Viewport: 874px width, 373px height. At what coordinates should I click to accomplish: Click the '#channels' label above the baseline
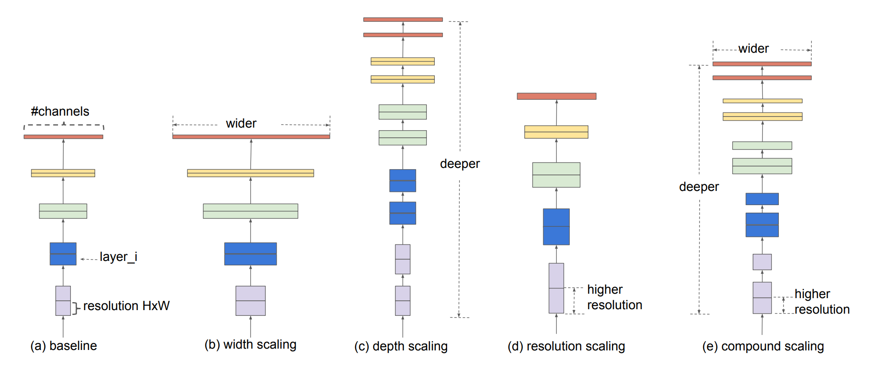coord(60,111)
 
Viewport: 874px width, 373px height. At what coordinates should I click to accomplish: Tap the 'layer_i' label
coord(118,257)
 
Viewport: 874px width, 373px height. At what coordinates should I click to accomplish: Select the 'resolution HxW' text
coord(126,306)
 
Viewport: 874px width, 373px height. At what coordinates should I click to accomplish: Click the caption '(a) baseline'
coord(63,346)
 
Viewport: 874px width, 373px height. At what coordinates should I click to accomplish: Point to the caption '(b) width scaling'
coord(250,344)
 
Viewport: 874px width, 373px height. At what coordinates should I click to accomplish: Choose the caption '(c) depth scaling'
coord(401,346)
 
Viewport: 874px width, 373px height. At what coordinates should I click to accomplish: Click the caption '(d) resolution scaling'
coord(566,346)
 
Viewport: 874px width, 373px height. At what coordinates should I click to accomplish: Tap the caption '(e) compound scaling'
coord(763,346)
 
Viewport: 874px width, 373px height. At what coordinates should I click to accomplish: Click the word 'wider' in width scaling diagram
coord(241,123)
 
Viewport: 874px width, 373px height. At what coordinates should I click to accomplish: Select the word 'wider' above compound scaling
coord(753,48)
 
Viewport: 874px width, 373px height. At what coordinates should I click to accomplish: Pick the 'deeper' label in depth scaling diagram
coord(460,164)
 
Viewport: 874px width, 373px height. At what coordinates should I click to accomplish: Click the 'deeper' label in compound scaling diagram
coord(699,187)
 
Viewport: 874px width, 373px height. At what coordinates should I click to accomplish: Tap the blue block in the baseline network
coord(63,254)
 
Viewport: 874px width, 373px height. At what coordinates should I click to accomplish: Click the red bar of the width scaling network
coord(251,137)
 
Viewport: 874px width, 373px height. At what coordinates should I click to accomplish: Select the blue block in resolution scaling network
coord(556,227)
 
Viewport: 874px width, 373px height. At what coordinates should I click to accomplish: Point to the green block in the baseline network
coord(63,211)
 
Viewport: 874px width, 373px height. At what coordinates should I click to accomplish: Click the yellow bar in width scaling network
coord(250,173)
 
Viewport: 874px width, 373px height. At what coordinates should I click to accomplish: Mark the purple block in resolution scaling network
coord(556,288)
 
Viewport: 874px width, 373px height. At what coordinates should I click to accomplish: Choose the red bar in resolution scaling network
coord(557,96)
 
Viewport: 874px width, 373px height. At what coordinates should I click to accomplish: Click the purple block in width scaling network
coord(250,301)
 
